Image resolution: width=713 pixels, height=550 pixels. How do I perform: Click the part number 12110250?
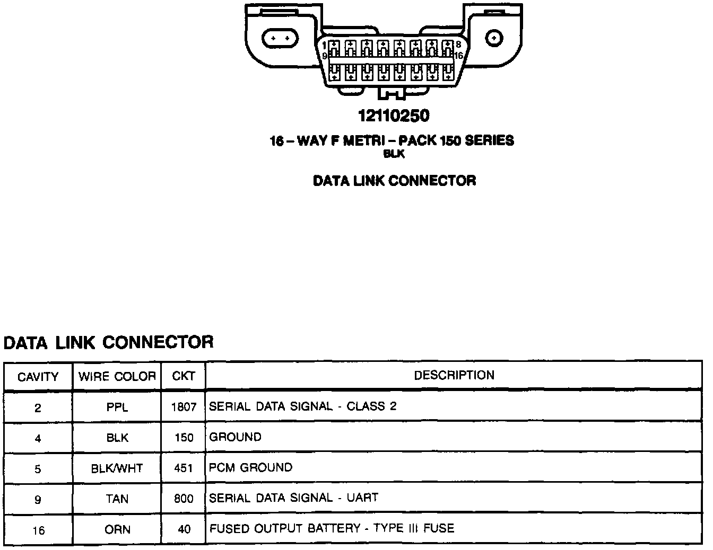coord(393,116)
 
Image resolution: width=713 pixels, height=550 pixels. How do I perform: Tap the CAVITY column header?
coord(38,377)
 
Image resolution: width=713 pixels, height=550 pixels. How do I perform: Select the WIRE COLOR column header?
coord(117,377)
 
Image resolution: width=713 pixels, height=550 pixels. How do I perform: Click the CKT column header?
coord(184,376)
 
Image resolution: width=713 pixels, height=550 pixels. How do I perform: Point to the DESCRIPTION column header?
coord(454,375)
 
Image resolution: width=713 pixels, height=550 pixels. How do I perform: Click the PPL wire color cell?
coord(117,407)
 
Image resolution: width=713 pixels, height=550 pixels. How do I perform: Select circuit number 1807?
coord(184,407)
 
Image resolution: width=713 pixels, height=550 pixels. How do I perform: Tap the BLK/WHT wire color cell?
coord(117,468)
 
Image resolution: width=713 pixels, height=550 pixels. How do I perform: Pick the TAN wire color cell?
coord(117,499)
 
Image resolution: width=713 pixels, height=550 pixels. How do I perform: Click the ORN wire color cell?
coord(117,529)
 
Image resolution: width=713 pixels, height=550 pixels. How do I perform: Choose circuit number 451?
coord(184,468)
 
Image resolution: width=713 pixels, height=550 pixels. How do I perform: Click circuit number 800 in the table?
coord(184,499)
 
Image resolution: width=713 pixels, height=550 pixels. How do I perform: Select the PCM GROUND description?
coord(251,468)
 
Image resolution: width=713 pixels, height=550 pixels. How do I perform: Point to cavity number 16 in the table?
coord(38,530)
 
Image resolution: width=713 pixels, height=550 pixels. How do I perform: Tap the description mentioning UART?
coord(294,498)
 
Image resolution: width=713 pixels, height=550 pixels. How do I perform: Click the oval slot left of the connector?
coord(280,38)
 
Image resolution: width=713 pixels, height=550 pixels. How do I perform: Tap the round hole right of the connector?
coord(494,38)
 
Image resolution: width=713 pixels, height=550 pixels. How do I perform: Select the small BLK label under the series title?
coord(394,154)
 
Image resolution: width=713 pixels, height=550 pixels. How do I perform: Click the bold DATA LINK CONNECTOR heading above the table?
coord(109,342)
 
